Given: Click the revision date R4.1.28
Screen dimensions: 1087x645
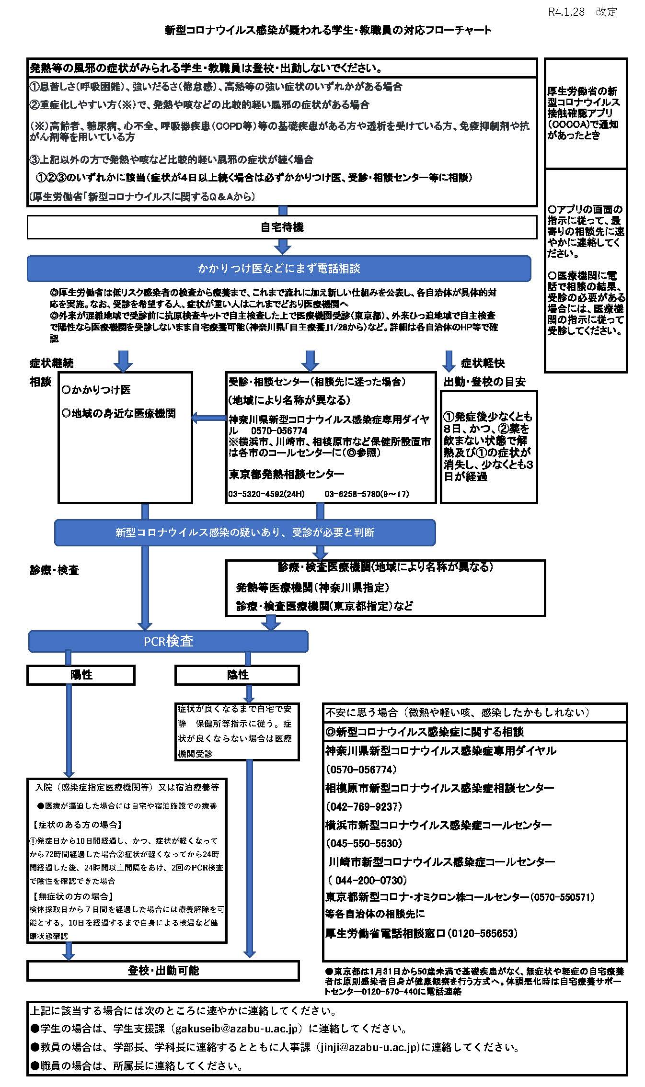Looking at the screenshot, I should [566, 12].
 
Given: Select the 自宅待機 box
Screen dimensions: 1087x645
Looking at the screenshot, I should [282, 227].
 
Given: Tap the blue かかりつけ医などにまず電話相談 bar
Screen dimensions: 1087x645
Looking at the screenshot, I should [279, 269].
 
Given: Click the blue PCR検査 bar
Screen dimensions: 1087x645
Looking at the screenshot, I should [168, 641].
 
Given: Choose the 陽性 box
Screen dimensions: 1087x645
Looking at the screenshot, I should [81, 675].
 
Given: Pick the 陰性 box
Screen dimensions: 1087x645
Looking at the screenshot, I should [237, 675].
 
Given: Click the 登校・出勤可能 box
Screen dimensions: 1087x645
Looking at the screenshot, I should [163, 971].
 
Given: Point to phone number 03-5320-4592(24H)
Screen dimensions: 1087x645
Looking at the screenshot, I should [266, 494].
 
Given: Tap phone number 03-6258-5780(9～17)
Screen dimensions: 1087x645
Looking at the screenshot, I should [367, 494].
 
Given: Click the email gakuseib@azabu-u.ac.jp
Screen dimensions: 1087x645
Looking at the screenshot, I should [238, 1029].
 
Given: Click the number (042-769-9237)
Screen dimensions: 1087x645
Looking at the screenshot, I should [364, 806].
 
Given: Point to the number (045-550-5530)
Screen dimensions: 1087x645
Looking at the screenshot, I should [364, 843].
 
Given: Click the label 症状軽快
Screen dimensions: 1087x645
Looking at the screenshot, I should [483, 363].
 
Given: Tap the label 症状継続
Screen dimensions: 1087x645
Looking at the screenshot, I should [52, 363].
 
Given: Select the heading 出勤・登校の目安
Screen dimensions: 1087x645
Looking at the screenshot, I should [484, 382].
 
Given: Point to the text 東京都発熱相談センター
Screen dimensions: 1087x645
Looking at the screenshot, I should [287, 474].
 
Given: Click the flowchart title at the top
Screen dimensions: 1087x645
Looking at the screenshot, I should [328, 30].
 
